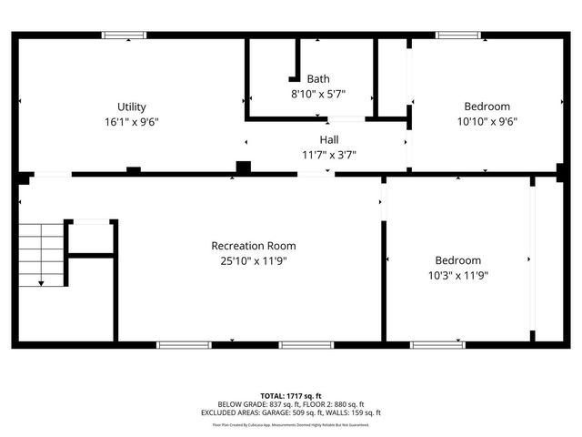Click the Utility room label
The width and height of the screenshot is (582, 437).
[131, 107]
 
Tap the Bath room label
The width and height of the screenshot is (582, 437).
[318, 78]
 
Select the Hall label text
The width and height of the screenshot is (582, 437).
[328, 139]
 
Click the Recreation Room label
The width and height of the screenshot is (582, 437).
[253, 246]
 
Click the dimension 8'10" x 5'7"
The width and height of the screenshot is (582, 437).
[318, 93]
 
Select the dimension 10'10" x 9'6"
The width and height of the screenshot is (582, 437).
[487, 120]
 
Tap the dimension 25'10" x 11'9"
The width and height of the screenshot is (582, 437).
[253, 260]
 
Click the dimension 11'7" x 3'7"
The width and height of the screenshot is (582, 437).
[328, 154]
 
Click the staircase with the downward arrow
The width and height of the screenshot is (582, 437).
[42, 254]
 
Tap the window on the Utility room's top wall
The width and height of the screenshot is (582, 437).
[124, 36]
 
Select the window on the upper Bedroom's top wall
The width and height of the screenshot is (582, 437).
[458, 36]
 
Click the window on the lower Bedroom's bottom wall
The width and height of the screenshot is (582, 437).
[437, 345]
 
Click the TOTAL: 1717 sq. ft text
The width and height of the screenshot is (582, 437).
[291, 396]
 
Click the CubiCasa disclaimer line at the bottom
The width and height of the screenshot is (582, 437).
[291, 424]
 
